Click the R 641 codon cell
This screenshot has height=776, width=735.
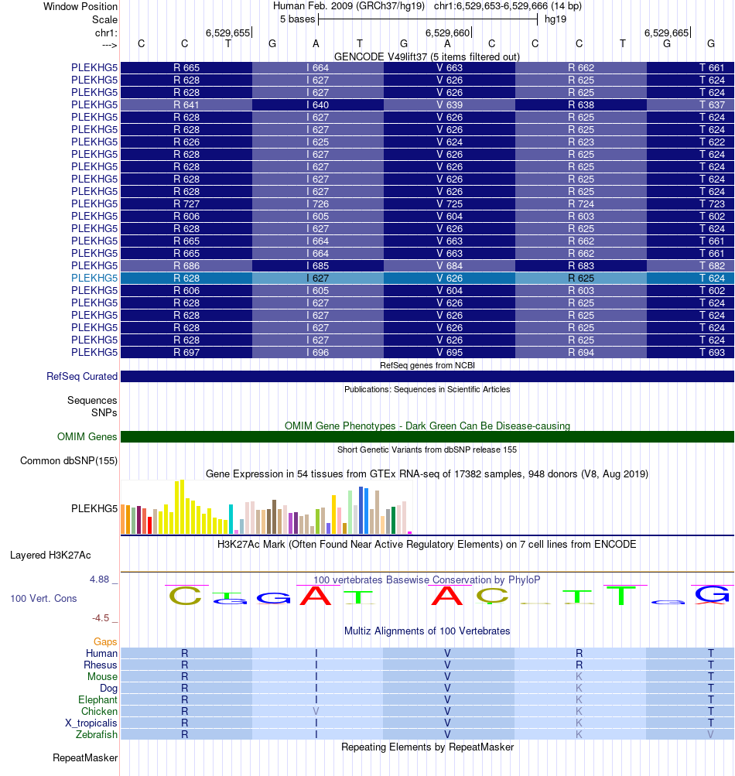point(186,104)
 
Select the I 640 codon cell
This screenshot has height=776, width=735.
point(318,104)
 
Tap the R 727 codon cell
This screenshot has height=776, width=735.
point(186,203)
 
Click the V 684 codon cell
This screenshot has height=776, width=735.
point(450,265)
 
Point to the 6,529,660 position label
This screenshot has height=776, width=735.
point(447,33)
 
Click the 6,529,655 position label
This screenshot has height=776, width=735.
point(227,33)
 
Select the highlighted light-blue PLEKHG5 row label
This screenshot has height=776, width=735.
point(94,278)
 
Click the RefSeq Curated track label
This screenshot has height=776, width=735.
point(82,377)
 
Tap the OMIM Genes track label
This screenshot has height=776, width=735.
point(87,437)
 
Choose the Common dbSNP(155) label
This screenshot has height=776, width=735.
point(69,461)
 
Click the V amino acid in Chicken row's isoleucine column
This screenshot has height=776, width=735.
point(316,711)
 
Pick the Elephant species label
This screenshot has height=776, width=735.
point(97,699)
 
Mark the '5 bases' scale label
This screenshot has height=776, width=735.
point(296,19)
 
